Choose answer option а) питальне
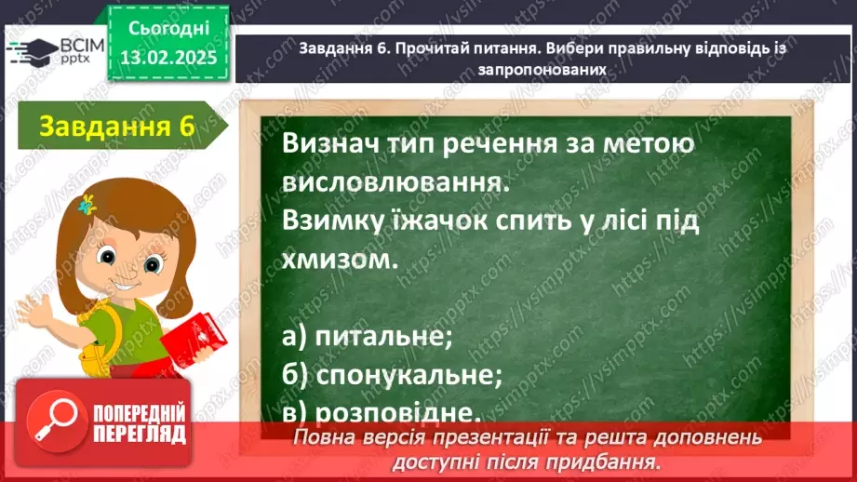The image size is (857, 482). coord(366,337)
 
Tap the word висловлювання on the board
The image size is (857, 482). coord(396,184)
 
